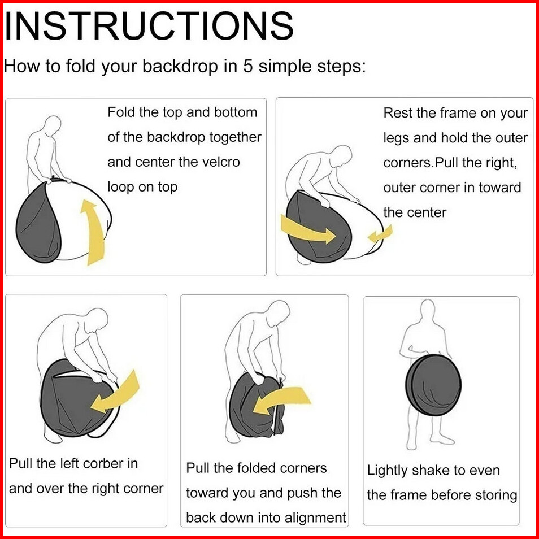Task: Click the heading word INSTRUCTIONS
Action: [149, 27]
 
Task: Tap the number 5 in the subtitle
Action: [247, 66]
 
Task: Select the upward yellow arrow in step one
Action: [92, 232]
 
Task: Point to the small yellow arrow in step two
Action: [380, 234]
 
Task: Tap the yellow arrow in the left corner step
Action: [115, 393]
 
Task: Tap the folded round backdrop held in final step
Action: [433, 385]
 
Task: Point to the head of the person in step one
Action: [53, 124]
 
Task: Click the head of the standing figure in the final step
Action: [428, 308]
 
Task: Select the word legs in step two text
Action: [395, 138]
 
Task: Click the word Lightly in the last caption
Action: [386, 471]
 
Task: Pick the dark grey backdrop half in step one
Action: [38, 223]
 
